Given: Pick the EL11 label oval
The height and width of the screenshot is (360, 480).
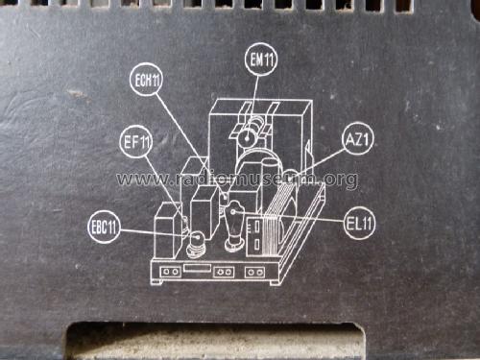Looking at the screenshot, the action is click(x=360, y=225).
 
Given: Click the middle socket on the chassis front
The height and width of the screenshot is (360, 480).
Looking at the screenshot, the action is click(x=224, y=272).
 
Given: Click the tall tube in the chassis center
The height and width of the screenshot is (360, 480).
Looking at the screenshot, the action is click(x=233, y=226).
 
